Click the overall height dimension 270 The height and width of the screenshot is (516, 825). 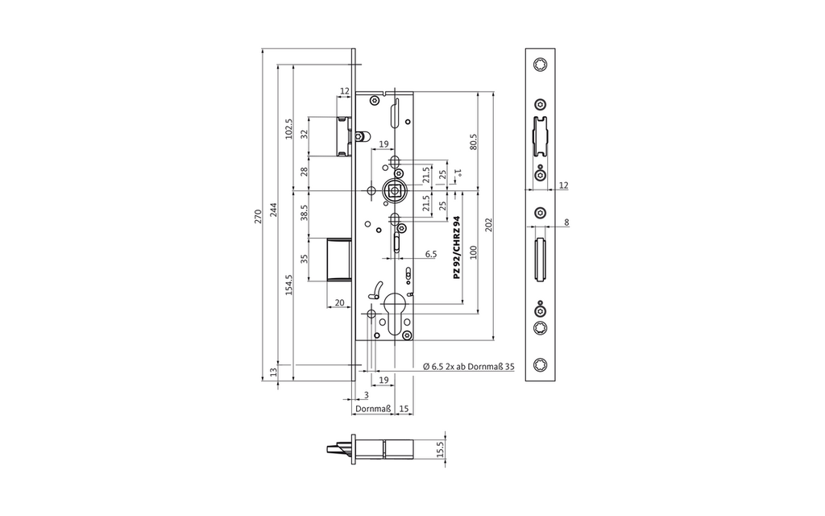[258, 216]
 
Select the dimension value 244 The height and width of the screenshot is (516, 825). [274, 209]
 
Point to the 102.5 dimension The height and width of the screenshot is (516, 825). [289, 128]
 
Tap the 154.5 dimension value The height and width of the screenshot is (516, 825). [289, 285]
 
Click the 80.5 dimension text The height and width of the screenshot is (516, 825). [473, 142]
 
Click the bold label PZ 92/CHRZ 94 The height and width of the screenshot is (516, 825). [457, 247]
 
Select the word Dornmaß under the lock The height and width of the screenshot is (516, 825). [372, 409]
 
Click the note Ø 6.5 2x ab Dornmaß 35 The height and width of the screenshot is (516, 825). [468, 367]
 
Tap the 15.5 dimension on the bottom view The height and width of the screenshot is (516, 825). [441, 449]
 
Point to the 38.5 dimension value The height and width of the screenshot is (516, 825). [304, 213]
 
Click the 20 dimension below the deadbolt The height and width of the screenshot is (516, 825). [339, 303]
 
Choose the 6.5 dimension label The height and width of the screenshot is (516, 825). [430, 254]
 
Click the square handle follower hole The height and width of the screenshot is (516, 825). [392, 189]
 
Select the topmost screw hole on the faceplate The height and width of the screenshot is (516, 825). [540, 64]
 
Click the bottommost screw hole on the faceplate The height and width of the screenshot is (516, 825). [540, 365]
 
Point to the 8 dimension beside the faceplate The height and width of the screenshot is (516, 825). [566, 223]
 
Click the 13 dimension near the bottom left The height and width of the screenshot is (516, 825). [274, 372]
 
